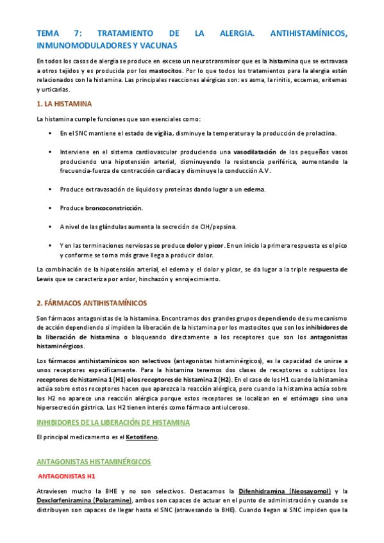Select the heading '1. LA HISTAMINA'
point(65,103)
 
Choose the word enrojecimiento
point(196,279)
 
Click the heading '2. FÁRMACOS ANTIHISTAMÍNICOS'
point(92,302)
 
